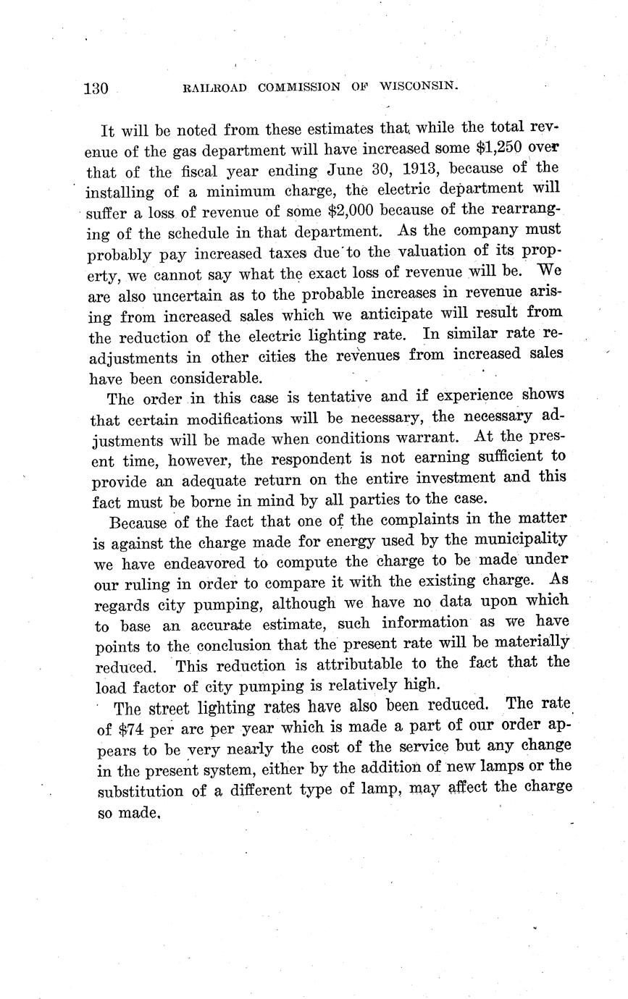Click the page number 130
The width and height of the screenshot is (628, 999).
(96, 89)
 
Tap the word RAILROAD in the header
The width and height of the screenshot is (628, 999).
(214, 88)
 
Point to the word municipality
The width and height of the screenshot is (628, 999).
(507, 539)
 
